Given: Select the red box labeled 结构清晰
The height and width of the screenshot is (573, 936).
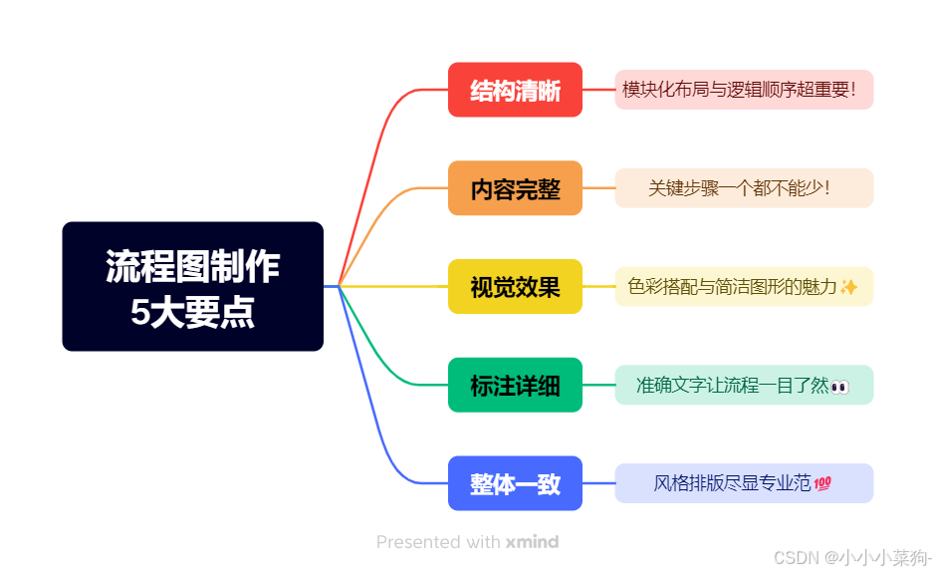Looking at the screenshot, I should click(x=515, y=90).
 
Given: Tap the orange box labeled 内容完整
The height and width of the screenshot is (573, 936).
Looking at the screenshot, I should click(x=515, y=188).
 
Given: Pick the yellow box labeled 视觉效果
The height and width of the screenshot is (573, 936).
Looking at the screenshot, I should click(x=515, y=287).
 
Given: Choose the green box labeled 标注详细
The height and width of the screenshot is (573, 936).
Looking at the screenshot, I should click(x=515, y=385).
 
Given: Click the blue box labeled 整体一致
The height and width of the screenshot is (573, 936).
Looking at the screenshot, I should click(x=515, y=483).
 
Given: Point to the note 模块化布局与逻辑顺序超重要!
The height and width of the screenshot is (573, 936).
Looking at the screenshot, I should click(x=743, y=90).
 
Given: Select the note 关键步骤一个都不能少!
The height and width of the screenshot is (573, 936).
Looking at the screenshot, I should click(x=743, y=188).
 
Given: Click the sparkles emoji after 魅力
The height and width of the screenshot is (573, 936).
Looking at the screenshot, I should click(x=848, y=287).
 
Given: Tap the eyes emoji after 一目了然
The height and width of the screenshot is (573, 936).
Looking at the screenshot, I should click(x=839, y=386).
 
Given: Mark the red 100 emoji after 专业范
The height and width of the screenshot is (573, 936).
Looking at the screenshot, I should click(x=822, y=483).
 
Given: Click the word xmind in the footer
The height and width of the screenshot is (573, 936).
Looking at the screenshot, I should click(x=532, y=542).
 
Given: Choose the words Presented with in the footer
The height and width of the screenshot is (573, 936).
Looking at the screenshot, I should click(x=438, y=542).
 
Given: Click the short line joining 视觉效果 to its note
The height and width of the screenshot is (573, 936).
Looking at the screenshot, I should click(x=598, y=287).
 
